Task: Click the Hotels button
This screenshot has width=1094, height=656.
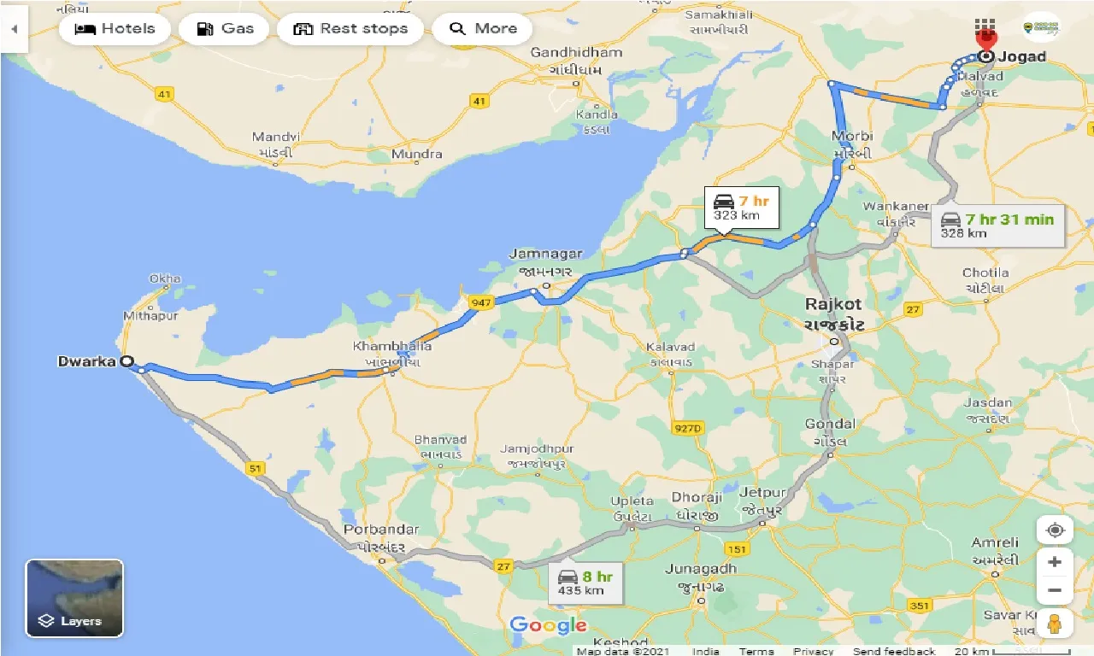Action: point(115,29)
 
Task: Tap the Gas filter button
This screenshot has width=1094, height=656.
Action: point(225,29)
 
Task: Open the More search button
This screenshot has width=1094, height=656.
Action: point(482,29)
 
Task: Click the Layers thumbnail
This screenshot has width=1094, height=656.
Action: point(74,598)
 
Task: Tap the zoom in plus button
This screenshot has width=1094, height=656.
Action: point(1055,562)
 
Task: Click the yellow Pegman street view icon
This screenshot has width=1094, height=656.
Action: point(1055,624)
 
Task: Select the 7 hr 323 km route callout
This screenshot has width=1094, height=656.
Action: point(741,208)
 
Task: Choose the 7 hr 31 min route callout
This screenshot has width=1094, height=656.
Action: point(997,225)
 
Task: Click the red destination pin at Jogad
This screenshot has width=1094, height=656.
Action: point(986,40)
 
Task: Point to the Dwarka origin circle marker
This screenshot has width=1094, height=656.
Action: point(126,361)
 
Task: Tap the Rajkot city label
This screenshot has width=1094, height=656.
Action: point(833,304)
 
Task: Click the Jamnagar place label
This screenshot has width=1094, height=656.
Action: point(545,254)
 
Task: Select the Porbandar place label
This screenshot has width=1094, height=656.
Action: point(381,530)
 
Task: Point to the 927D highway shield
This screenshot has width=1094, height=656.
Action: point(687,428)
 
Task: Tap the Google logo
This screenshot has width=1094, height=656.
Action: point(548,626)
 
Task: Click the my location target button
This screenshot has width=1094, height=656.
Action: point(1055,530)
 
